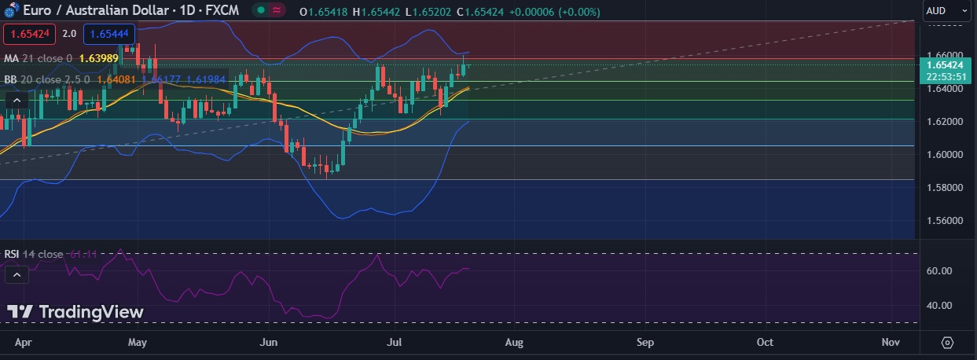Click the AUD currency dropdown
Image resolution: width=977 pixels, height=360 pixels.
tap(946, 10)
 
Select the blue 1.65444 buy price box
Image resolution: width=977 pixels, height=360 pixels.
tap(109, 34)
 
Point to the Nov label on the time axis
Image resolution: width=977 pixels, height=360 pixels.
tap(891, 343)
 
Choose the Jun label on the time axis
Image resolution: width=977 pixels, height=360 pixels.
tap(269, 343)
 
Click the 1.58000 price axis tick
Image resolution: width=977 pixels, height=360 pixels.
tap(944, 187)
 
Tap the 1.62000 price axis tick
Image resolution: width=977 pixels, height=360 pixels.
tap(944, 122)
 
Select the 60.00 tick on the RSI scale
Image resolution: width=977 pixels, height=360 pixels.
tap(939, 271)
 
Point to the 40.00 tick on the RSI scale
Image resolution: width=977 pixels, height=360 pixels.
tap(939, 305)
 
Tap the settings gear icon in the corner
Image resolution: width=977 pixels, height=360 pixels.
tap(947, 343)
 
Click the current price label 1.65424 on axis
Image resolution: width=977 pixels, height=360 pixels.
tap(946, 64)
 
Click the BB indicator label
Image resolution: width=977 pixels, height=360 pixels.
tap(10, 79)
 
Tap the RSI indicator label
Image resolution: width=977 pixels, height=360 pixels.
tap(11, 254)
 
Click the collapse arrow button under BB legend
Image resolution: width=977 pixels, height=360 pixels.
tap(17, 100)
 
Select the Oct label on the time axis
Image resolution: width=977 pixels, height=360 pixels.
tap(764, 343)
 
